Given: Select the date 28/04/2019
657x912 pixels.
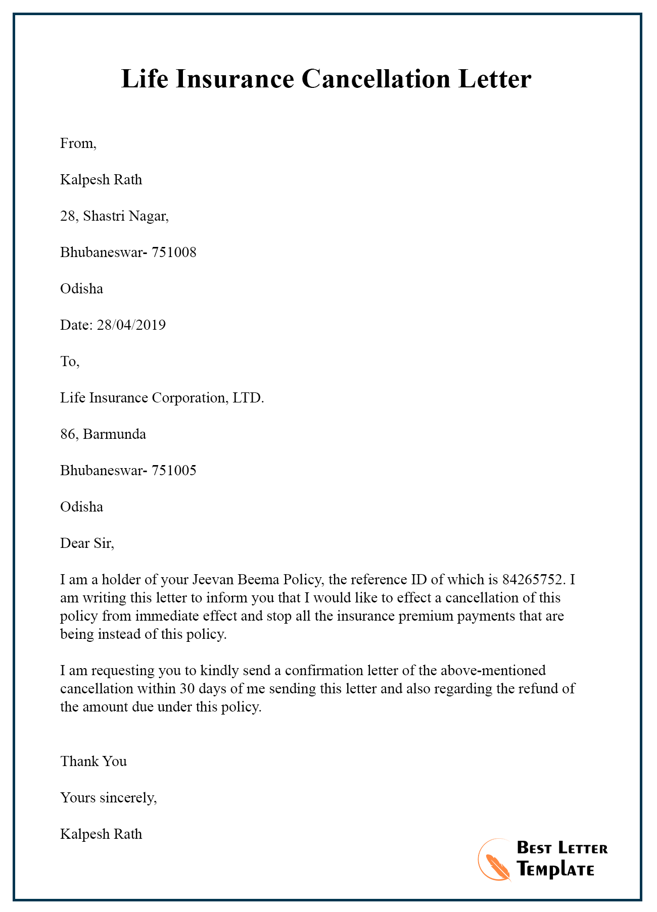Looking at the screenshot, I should click(131, 325).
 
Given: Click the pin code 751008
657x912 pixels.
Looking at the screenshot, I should click(174, 252).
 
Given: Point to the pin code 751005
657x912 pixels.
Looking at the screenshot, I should click(174, 470).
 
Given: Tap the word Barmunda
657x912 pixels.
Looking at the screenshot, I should click(114, 434).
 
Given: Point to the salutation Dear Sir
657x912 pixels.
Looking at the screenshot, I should click(87, 543).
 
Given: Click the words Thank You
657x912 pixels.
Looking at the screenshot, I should click(93, 761).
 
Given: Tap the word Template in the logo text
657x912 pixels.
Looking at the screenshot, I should click(556, 870).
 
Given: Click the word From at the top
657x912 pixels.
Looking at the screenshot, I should click(77, 143).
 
